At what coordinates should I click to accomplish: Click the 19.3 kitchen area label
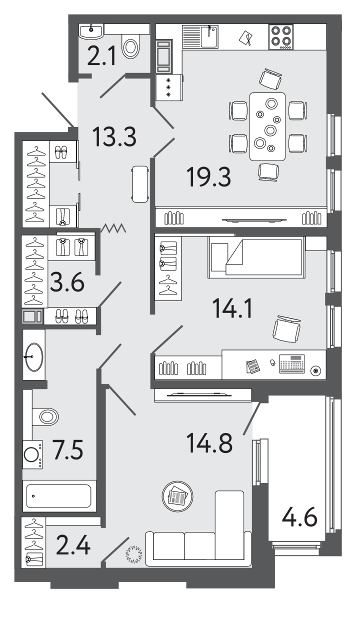(208, 177)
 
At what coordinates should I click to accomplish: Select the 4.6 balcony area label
(299, 517)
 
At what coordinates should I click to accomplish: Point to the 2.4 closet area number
(73, 545)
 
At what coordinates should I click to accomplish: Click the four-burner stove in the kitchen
(280, 37)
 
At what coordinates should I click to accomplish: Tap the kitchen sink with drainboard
(200, 36)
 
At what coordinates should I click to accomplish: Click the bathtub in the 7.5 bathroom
(59, 496)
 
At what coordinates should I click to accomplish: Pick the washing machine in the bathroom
(32, 454)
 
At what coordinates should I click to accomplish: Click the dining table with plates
(267, 126)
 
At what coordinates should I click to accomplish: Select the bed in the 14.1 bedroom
(256, 257)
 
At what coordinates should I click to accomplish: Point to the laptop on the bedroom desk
(292, 364)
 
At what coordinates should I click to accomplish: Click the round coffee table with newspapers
(177, 496)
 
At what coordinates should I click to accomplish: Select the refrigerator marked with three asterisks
(169, 87)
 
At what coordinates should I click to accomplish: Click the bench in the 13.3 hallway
(140, 184)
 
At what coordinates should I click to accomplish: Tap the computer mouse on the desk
(272, 362)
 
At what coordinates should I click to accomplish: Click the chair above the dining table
(270, 79)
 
